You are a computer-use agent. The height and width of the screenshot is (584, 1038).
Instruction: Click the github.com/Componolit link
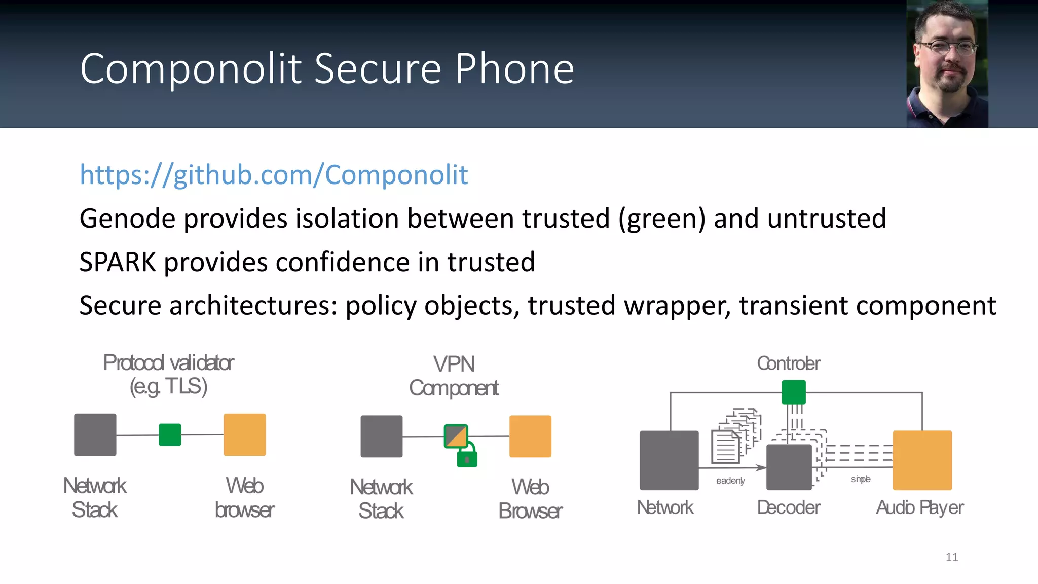274,175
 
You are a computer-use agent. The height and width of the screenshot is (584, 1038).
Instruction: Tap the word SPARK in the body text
118,262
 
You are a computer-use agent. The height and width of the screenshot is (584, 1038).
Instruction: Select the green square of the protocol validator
170,435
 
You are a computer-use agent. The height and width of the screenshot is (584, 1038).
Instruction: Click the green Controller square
794,392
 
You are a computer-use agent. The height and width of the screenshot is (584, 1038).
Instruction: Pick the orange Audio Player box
922,460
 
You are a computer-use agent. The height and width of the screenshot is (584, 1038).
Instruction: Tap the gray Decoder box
789,467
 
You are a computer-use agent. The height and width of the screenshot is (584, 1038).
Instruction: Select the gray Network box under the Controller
669,460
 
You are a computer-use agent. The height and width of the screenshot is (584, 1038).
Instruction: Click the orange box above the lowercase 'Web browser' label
245,435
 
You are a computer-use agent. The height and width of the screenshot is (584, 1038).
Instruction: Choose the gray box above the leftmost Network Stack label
95,435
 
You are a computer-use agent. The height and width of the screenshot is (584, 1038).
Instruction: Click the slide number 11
952,557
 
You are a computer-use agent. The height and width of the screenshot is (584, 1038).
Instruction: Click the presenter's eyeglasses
947,48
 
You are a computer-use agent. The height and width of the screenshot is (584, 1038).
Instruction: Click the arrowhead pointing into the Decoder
761,467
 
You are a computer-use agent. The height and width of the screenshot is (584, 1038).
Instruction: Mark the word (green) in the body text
661,219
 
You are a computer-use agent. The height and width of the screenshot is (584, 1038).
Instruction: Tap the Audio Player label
920,507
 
